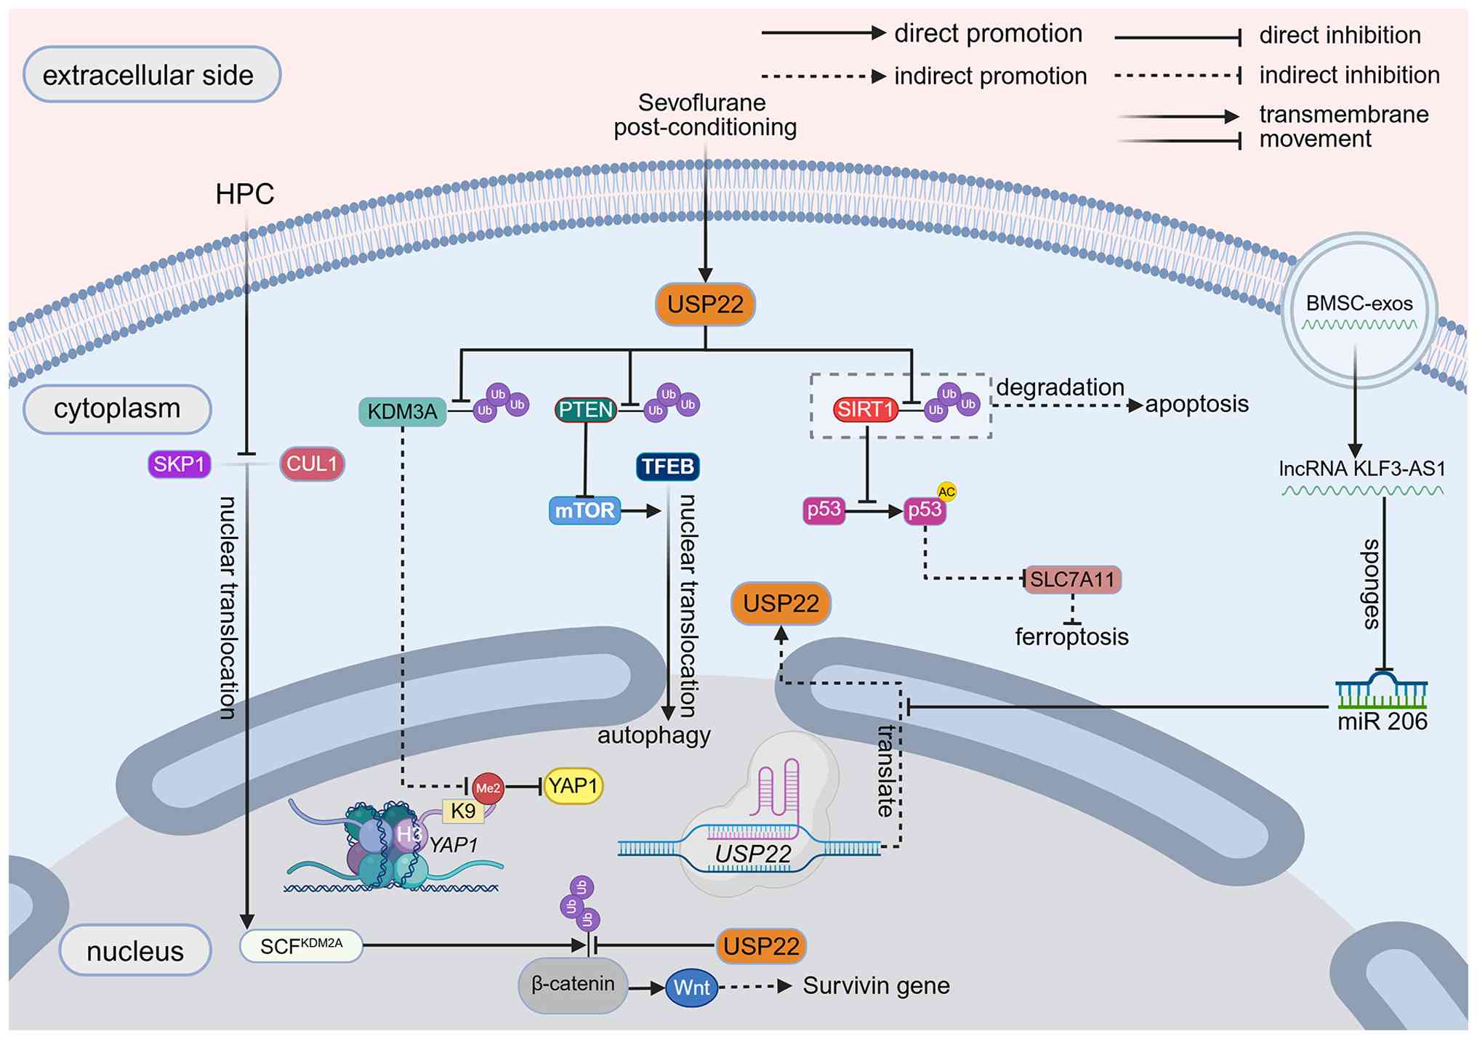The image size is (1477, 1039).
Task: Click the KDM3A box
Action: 402,411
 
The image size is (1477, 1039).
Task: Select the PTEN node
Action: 586,410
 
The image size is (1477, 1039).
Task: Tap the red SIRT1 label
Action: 864,410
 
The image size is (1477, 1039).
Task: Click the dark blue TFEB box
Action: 667,466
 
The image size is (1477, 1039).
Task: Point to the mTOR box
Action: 584,511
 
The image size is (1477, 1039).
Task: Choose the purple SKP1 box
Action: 179,464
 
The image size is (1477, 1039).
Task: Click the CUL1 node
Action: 312,464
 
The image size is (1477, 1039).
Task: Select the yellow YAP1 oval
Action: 574,786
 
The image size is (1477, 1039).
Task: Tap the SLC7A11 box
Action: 1072,580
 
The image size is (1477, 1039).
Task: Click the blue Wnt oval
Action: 691,987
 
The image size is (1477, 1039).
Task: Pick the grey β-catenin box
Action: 573,985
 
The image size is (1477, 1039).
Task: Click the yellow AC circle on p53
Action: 946,492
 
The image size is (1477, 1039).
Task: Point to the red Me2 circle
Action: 488,788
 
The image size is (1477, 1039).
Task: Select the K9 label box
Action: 463,811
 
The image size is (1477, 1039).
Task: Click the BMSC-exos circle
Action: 1359,308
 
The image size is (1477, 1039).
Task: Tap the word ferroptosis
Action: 1071,637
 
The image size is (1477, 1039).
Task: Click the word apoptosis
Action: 1196,404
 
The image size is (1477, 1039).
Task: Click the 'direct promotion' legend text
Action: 988,33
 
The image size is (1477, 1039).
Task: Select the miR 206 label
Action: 1383,721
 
